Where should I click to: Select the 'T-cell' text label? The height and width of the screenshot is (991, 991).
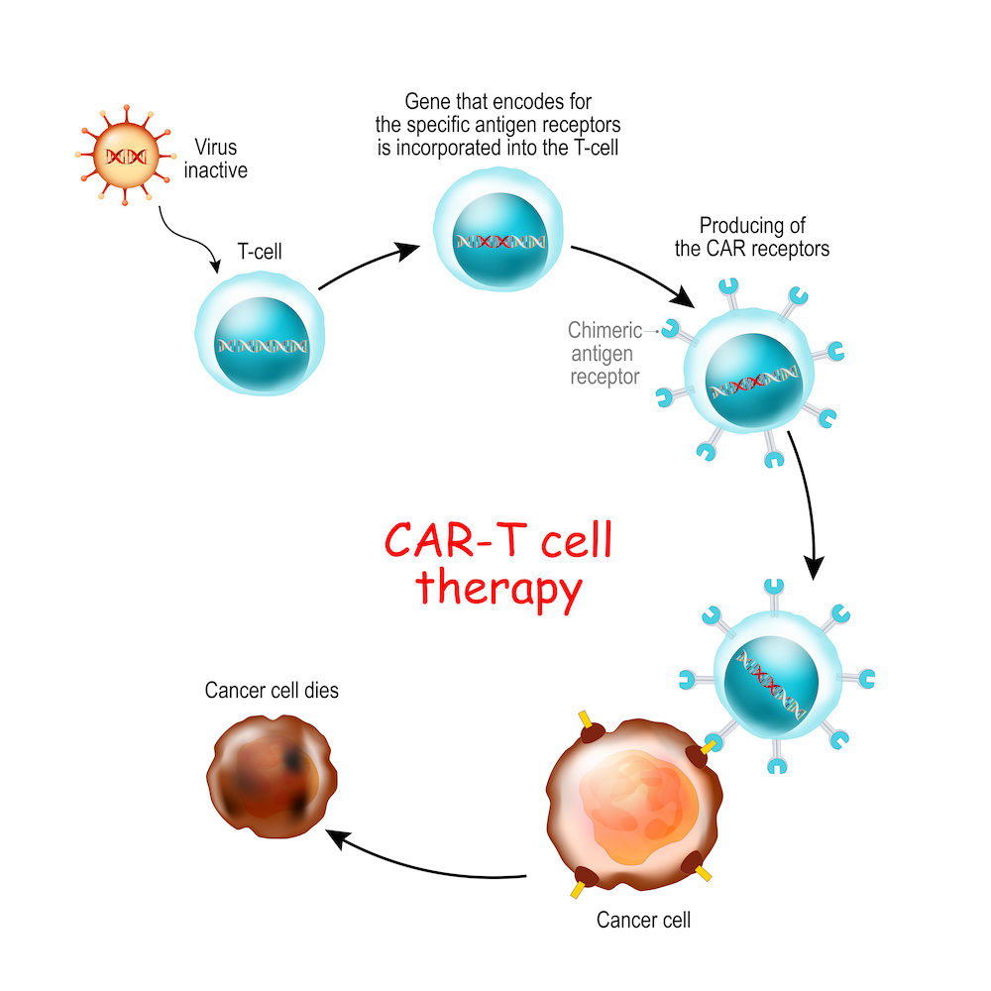coord(260,253)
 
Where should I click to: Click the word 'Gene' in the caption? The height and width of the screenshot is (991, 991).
coord(427,102)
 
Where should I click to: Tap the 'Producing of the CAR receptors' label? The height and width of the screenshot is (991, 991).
coord(751,237)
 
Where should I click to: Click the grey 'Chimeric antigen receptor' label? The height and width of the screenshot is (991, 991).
coord(605,353)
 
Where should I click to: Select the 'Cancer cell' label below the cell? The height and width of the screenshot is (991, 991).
coord(643,920)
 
